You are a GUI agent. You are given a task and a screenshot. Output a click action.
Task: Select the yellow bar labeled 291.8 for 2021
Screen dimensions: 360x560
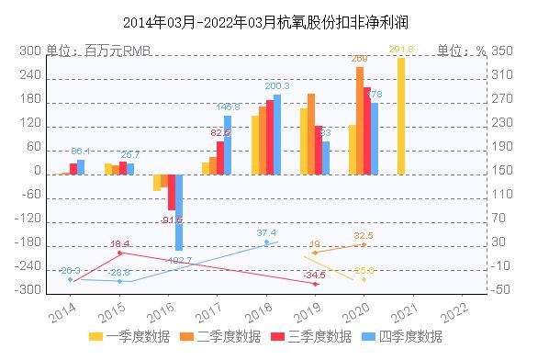tap(401, 116)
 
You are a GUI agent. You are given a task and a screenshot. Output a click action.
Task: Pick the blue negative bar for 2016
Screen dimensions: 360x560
tap(179, 212)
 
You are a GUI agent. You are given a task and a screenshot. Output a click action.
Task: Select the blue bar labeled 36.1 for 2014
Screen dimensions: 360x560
tap(81, 167)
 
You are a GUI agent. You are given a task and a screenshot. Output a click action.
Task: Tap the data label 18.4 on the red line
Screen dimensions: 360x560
tap(120, 243)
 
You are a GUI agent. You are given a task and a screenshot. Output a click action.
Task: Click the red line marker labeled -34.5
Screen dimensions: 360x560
tap(316, 285)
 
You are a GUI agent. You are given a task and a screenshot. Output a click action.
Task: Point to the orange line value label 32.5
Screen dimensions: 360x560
tap(364, 236)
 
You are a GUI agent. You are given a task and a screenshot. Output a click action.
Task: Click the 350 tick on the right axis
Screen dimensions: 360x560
tap(504, 52)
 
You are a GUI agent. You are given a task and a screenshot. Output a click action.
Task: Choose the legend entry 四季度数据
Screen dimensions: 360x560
tap(407, 337)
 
